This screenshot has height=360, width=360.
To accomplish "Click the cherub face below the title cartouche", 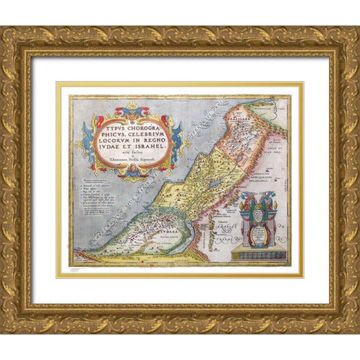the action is click(130, 172).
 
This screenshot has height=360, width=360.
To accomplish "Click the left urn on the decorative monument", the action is click(244, 200).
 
